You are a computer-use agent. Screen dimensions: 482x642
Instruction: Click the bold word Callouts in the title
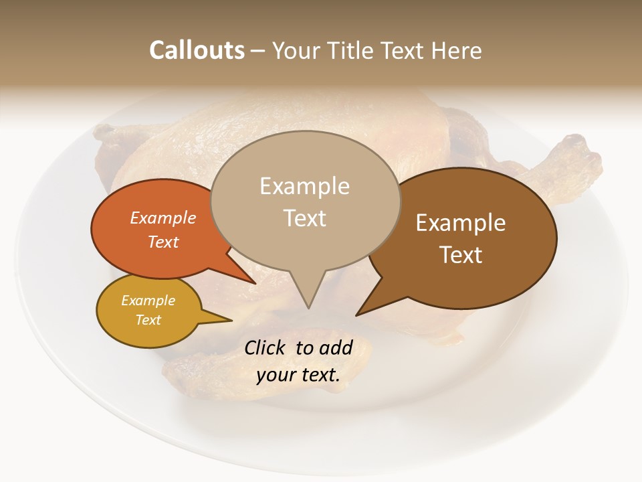pos(197,50)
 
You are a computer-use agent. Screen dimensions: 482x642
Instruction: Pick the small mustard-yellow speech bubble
pos(148,311)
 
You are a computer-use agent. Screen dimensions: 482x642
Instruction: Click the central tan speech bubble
pos(305,201)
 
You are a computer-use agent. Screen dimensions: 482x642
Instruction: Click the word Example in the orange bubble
pos(163,218)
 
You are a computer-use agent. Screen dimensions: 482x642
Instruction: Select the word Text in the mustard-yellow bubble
pos(148,320)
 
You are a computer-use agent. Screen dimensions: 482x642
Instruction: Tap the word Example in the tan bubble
pos(304,186)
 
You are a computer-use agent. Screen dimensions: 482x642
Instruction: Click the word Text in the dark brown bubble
pos(461,255)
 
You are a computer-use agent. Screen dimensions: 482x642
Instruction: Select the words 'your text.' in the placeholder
pos(298,375)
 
